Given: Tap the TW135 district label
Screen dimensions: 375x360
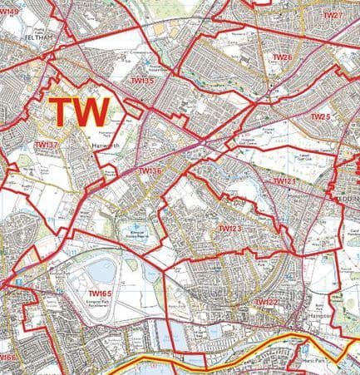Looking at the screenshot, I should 142,81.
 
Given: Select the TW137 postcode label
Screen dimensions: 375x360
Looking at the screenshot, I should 47,146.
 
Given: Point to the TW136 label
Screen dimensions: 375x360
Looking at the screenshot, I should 149,171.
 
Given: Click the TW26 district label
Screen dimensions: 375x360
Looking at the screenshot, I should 283,57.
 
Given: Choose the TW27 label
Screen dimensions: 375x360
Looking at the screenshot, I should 332,16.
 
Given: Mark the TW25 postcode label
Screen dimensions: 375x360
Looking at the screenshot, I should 320,117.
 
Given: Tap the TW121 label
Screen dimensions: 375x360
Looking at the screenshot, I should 284,180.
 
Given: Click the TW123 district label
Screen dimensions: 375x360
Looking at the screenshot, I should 229,227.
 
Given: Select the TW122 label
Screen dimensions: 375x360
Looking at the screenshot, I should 265,302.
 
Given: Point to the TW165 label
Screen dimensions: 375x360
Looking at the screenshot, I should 100,294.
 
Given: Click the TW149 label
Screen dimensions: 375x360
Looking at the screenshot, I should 9,12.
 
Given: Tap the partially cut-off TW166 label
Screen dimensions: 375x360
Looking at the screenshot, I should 7,358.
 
